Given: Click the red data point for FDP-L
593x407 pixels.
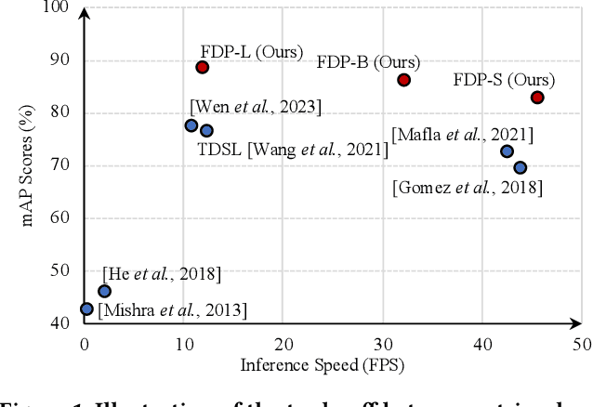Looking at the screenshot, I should pyautogui.click(x=202, y=67).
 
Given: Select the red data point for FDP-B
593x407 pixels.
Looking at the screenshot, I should pyautogui.click(x=403, y=80).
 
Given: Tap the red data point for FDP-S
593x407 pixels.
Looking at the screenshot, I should pyautogui.click(x=537, y=98).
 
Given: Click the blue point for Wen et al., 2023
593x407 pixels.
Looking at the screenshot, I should pyautogui.click(x=191, y=125).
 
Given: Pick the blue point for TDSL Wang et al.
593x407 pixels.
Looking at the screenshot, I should pyautogui.click(x=206, y=131).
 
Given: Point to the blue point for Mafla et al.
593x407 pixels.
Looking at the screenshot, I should pyautogui.click(x=507, y=151).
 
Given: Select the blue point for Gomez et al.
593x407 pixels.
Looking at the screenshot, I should pyautogui.click(x=520, y=167).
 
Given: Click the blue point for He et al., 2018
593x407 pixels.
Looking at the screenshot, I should pyautogui.click(x=104, y=291).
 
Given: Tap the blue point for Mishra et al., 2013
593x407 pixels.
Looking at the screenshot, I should pyautogui.click(x=86, y=309).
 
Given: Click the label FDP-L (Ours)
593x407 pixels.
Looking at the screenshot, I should pyautogui.click(x=251, y=51).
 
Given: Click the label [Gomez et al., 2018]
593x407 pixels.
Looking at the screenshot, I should pyautogui.click(x=468, y=188).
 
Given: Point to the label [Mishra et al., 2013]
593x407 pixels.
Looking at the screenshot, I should pyautogui.click(x=172, y=310).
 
